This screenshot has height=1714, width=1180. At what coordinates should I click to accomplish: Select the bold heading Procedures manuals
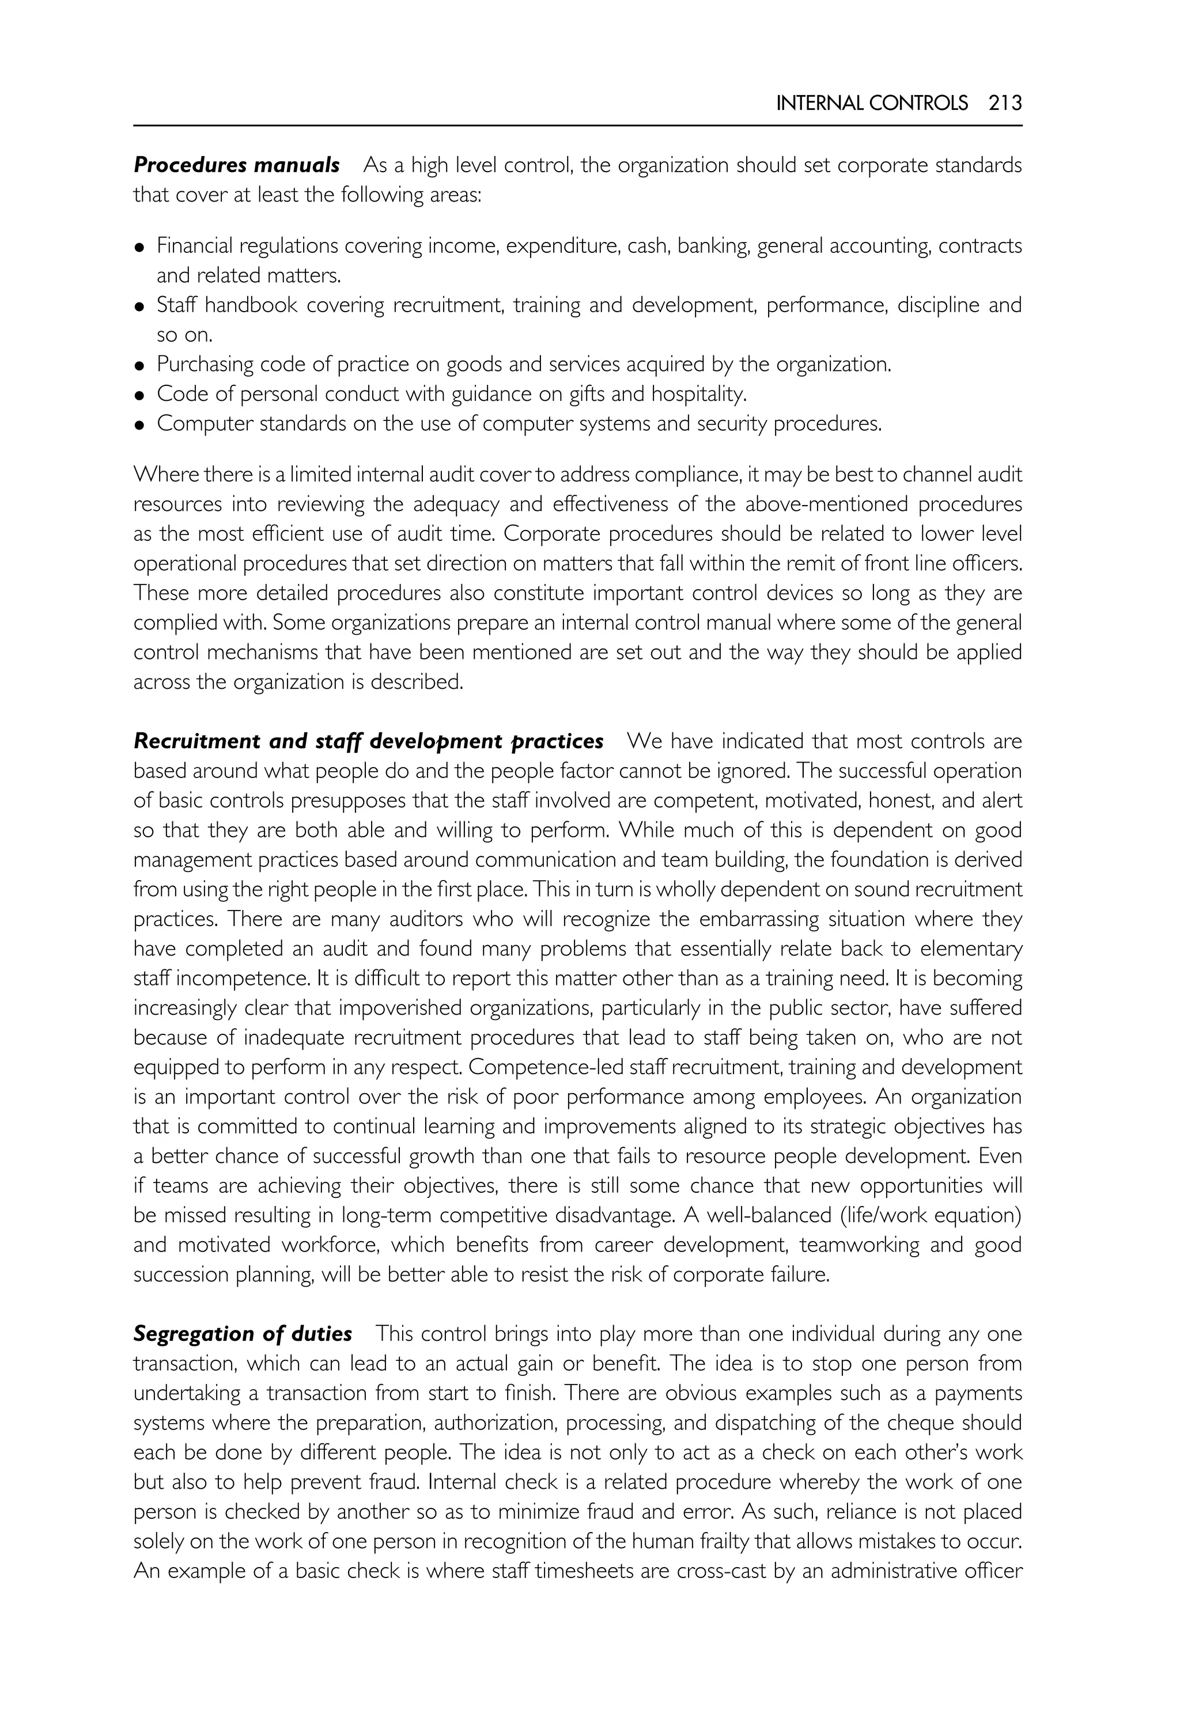coord(237,165)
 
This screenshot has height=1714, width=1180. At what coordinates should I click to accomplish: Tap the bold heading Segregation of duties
coord(243,1333)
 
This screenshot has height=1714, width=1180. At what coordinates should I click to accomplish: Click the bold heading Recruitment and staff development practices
coord(368,741)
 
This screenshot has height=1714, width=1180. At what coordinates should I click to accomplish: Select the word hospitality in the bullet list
coord(697,395)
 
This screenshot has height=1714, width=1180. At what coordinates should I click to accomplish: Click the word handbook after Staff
coord(251,305)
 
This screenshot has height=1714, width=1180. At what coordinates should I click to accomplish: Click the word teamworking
coord(859,1245)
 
